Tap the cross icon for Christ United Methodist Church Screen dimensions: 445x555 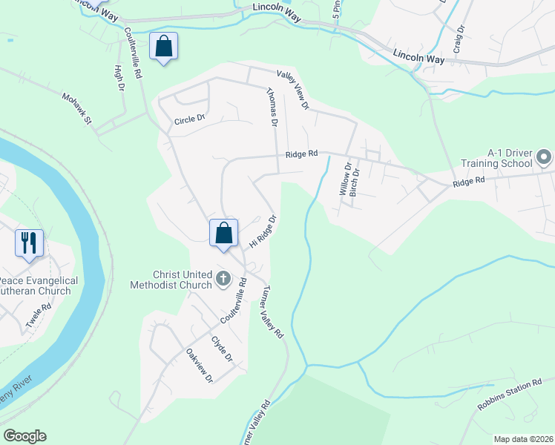pos(223,280)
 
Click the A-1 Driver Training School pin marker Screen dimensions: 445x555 pos(545,156)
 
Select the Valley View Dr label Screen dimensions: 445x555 pos(293,90)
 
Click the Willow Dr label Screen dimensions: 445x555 pos(344,180)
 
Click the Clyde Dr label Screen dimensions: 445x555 pos(223,349)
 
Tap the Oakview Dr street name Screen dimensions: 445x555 pos(200,366)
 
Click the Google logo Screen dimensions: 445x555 pos(24,436)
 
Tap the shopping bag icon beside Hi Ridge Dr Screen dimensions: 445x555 pos(223,234)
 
